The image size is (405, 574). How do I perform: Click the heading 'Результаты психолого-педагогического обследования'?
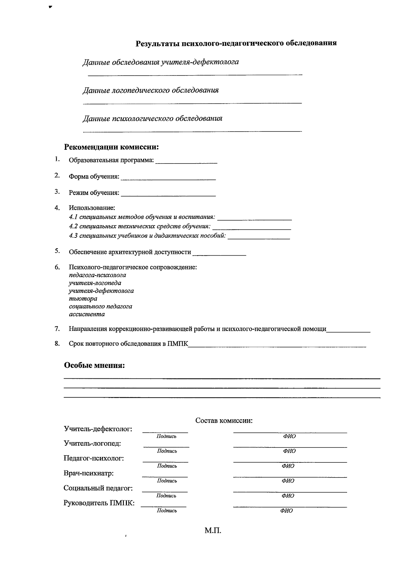(x=236, y=43)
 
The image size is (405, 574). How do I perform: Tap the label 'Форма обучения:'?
(x=94, y=176)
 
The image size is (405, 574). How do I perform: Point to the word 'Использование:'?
(x=92, y=208)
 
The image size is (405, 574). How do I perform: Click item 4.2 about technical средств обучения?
(x=140, y=226)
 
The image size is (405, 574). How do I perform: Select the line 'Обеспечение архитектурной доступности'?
(x=130, y=252)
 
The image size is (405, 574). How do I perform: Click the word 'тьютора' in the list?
(x=83, y=298)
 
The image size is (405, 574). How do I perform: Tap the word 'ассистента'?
(x=87, y=314)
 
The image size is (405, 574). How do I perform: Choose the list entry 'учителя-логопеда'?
(x=95, y=283)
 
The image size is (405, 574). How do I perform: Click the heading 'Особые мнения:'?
(x=94, y=366)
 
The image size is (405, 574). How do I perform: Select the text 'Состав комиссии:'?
(x=224, y=421)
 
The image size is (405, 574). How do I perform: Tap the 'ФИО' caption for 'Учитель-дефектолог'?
(x=289, y=436)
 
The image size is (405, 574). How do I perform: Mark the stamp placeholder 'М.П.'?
(x=213, y=530)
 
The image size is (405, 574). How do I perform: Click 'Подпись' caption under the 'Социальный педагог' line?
(x=166, y=496)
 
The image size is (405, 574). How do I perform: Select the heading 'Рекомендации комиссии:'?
(x=111, y=147)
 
